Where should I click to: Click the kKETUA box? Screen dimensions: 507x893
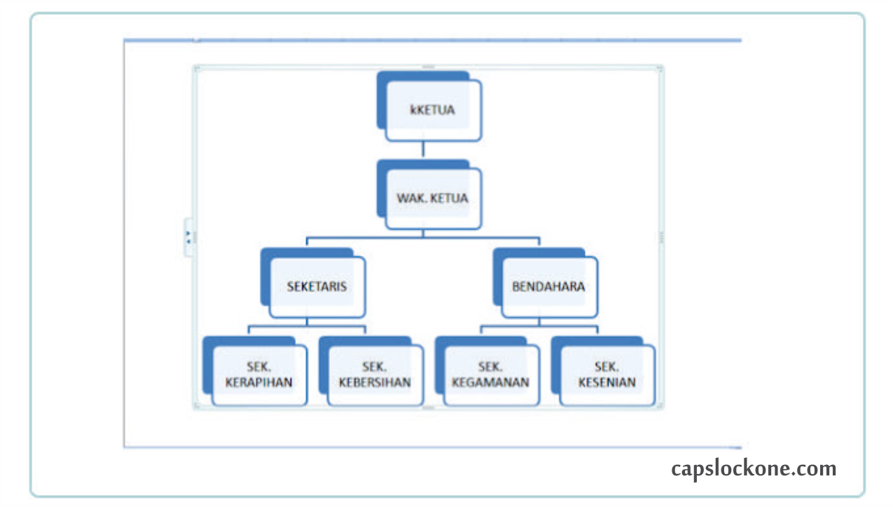point(433,110)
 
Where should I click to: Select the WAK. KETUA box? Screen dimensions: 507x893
point(433,198)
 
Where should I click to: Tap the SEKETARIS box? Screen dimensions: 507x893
point(317,287)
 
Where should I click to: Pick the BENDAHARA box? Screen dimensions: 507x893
point(548,287)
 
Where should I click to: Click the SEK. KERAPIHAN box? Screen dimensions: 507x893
point(259,375)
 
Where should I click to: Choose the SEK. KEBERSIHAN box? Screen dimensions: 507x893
point(375,375)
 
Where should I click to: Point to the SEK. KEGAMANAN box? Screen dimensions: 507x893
point(491,375)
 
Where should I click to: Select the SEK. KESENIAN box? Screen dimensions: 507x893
point(607,375)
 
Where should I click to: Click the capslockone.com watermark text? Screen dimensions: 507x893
point(754,468)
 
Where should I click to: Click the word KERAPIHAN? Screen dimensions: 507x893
point(259,383)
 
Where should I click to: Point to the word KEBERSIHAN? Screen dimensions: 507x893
point(375,383)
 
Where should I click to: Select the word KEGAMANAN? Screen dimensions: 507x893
point(491,383)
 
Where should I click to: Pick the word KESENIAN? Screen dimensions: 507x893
point(607,383)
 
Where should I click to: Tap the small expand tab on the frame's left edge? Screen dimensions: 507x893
point(188,237)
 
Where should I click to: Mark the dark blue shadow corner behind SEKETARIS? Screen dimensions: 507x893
point(265,278)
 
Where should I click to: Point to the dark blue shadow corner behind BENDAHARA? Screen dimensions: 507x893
point(498,278)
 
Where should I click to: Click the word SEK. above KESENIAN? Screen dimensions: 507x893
point(607,367)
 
